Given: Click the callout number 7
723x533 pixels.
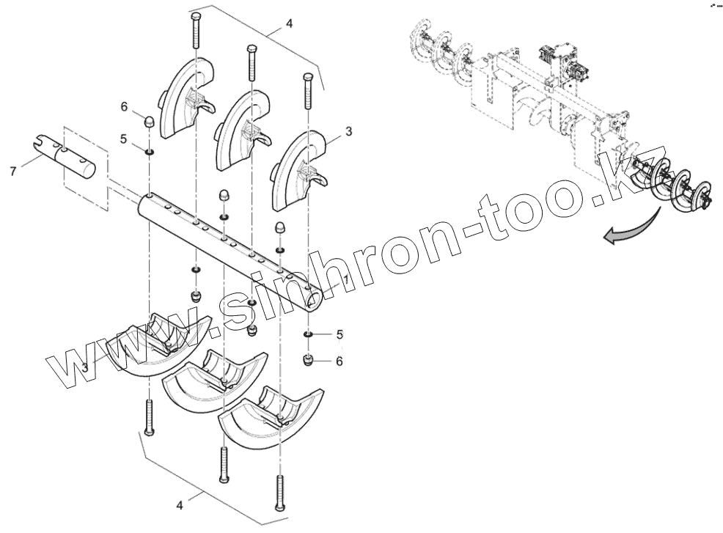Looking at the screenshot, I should (x=12, y=171).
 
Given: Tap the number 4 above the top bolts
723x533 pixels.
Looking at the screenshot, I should (x=289, y=24).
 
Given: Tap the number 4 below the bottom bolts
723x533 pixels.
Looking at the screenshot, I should (x=180, y=505).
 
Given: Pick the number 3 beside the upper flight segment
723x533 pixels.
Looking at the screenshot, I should (x=348, y=131).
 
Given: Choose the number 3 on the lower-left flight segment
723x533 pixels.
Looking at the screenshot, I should (x=85, y=367).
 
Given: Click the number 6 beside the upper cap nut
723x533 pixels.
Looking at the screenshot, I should (x=125, y=106).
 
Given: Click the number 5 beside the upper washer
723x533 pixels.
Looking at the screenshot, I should (x=124, y=138).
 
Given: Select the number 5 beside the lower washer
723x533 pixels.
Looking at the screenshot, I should (x=340, y=334).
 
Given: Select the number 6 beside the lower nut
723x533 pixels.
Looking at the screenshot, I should (x=340, y=361).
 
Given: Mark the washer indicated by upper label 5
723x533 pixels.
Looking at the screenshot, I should (x=148, y=152).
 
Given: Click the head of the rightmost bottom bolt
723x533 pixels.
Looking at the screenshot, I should (x=280, y=507).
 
